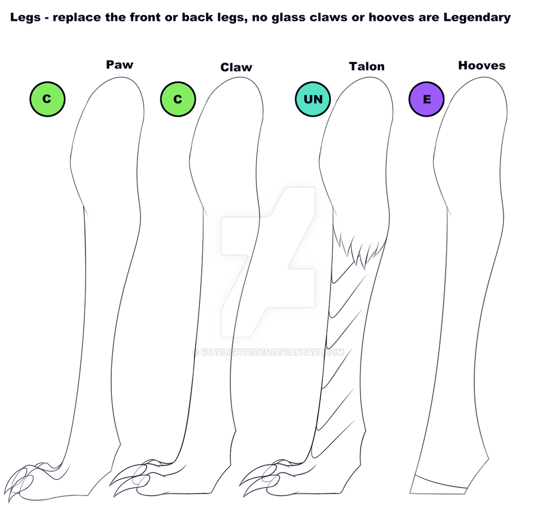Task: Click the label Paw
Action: [120, 64]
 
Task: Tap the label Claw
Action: [236, 67]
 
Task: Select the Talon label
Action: [366, 66]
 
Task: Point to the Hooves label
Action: [482, 65]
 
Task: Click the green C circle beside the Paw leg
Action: [48, 99]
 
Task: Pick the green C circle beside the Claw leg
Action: [178, 99]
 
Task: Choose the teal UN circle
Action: [313, 99]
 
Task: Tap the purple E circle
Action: [426, 99]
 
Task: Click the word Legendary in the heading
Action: [477, 17]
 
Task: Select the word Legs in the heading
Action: [25, 17]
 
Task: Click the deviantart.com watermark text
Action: [269, 353]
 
